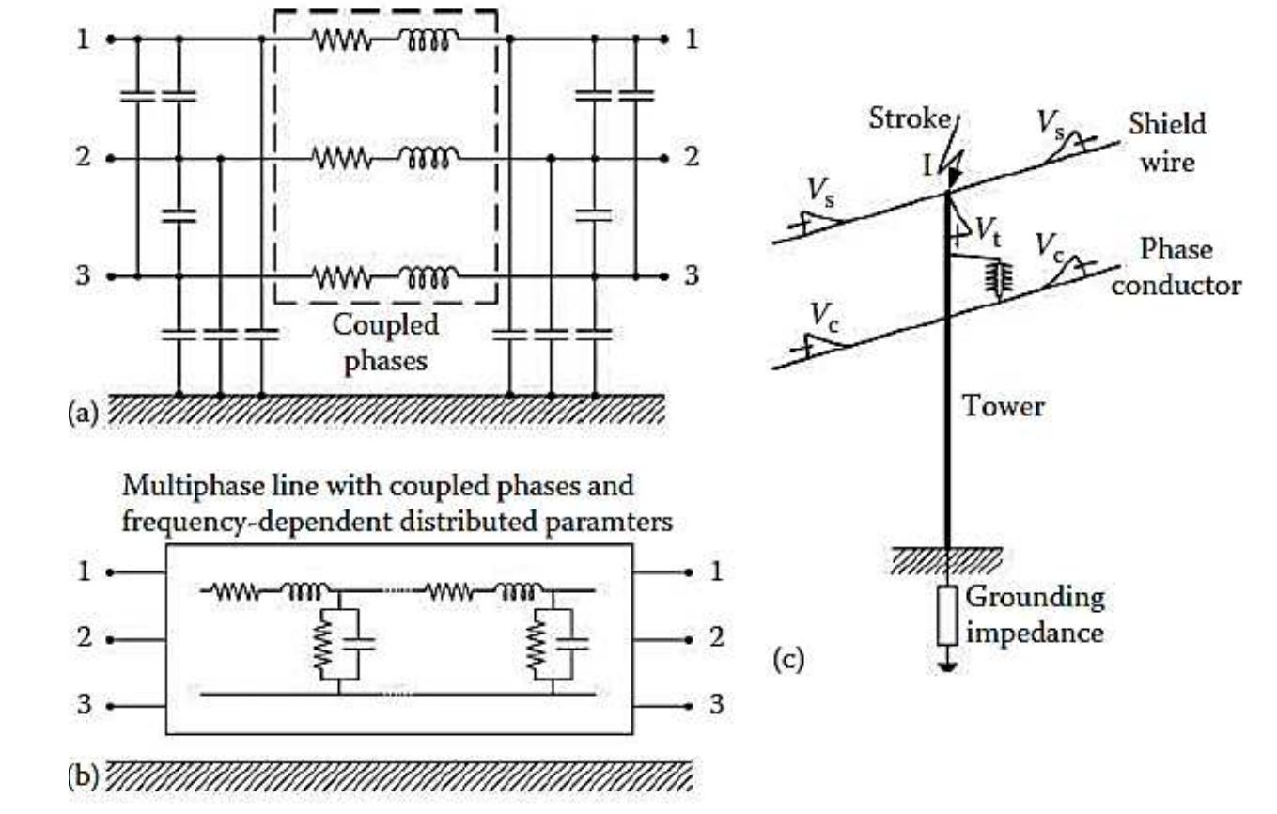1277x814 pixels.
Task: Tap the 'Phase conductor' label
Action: tap(1175, 268)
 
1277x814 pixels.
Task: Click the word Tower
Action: tap(1003, 407)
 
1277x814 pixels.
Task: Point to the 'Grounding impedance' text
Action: tap(1035, 615)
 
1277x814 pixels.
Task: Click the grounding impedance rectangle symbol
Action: tap(947, 616)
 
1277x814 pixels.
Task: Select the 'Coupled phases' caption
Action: tap(385, 342)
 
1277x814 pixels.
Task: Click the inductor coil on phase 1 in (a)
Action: tap(430, 40)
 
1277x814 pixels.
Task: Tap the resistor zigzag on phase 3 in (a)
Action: tap(342, 279)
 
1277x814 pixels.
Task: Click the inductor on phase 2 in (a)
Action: tap(430, 159)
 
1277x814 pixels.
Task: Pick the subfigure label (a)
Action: tap(84, 414)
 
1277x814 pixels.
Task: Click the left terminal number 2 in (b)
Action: tap(86, 638)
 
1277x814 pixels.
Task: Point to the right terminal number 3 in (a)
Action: tap(692, 276)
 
